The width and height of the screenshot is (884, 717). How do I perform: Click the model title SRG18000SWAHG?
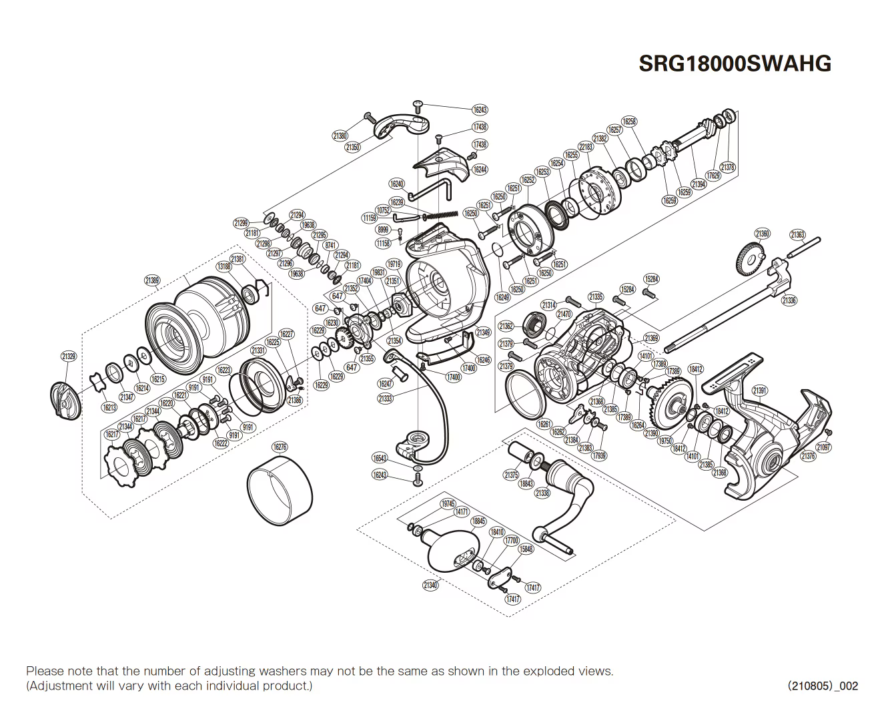(x=735, y=63)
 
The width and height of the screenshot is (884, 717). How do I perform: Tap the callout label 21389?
(x=152, y=281)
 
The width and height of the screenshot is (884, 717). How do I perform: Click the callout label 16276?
(x=280, y=447)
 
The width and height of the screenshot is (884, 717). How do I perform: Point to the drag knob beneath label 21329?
(x=65, y=401)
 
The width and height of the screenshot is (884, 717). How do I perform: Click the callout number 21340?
(x=430, y=585)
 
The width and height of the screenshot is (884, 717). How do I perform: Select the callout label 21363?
(x=797, y=234)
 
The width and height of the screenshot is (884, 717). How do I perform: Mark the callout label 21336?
(x=789, y=300)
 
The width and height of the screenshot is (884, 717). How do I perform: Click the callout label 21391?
(x=759, y=391)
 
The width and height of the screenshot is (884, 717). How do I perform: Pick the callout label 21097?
(x=824, y=447)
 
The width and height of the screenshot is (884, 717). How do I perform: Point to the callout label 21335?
(x=596, y=296)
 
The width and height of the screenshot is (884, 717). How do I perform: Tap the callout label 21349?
(x=483, y=332)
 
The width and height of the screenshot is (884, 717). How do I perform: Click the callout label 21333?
(x=385, y=399)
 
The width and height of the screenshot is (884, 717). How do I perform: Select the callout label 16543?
(x=380, y=458)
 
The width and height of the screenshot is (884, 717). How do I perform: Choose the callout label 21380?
(x=340, y=136)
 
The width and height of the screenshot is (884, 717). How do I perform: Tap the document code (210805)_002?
(x=823, y=686)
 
